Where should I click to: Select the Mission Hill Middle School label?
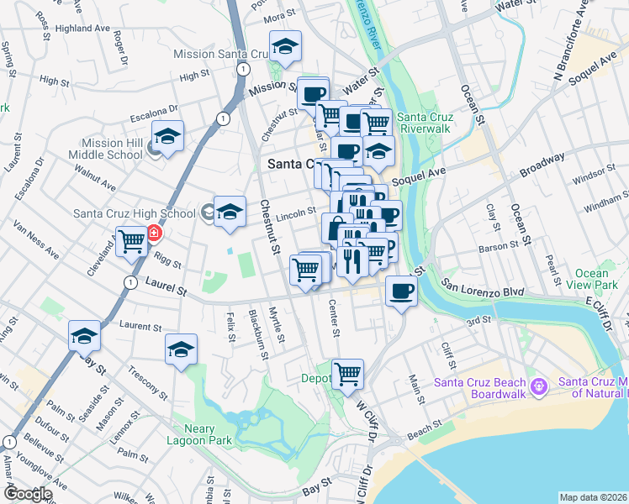tap(113, 149)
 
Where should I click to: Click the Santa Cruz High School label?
tap(135, 213)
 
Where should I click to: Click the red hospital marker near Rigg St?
tap(155, 233)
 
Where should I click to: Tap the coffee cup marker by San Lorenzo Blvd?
tap(401, 291)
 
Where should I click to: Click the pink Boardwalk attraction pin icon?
tap(540, 386)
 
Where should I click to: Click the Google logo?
tap(29, 494)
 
